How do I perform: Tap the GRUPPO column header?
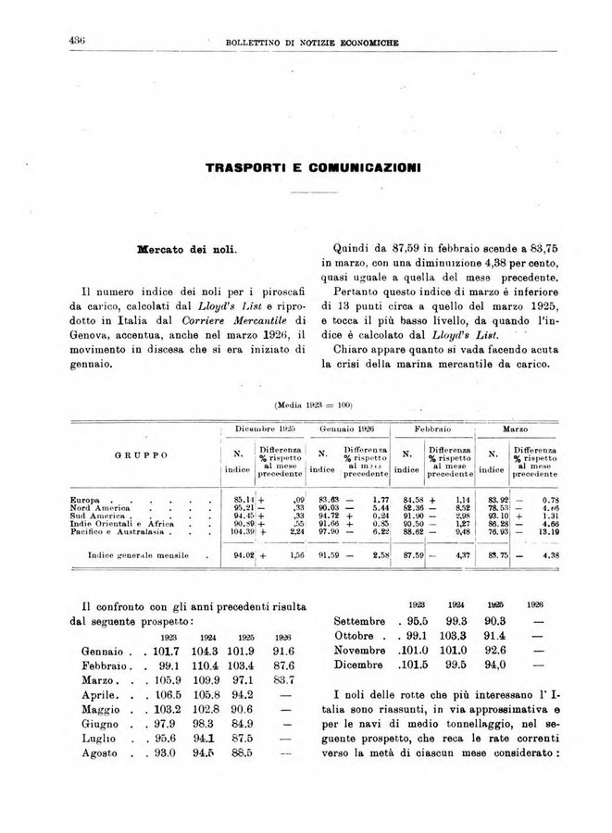(141, 455)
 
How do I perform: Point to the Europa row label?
(85, 499)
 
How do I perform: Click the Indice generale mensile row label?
(138, 556)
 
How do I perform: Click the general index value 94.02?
(244, 556)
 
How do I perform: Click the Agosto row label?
(103, 754)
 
